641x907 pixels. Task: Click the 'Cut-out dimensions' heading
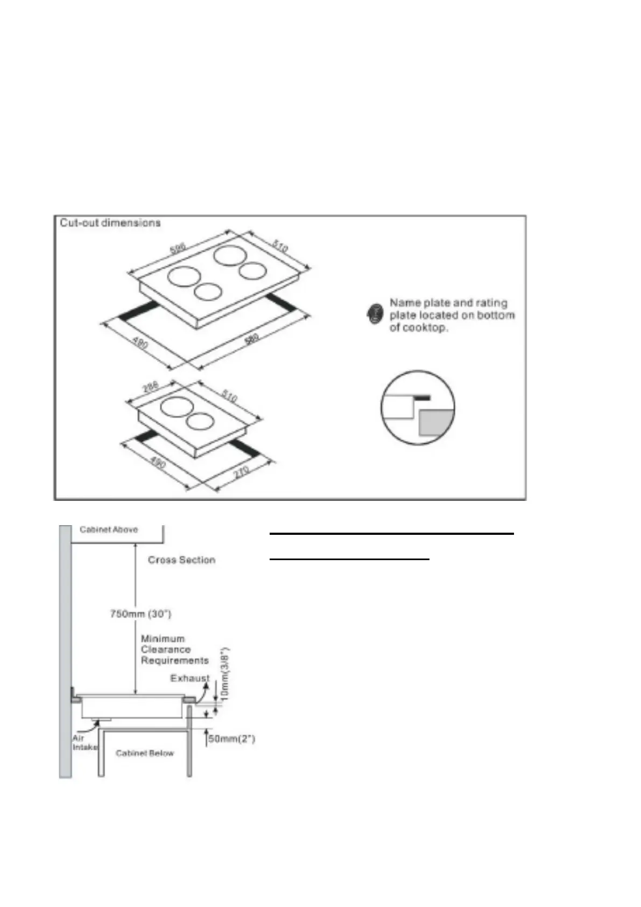(x=110, y=222)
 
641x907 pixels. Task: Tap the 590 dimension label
(x=178, y=248)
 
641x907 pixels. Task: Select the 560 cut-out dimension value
(x=251, y=340)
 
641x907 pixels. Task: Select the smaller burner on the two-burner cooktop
(x=200, y=421)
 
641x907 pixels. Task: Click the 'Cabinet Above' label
(x=109, y=529)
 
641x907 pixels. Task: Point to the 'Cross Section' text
(x=181, y=560)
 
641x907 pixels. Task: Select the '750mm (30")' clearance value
(x=140, y=613)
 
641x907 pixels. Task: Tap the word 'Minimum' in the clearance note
(x=163, y=639)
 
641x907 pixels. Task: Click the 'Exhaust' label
(x=189, y=678)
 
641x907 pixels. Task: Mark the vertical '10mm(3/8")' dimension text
(x=226, y=673)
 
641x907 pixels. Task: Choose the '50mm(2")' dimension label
(x=231, y=739)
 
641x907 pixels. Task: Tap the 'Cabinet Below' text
(x=145, y=753)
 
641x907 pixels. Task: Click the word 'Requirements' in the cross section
(x=174, y=660)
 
